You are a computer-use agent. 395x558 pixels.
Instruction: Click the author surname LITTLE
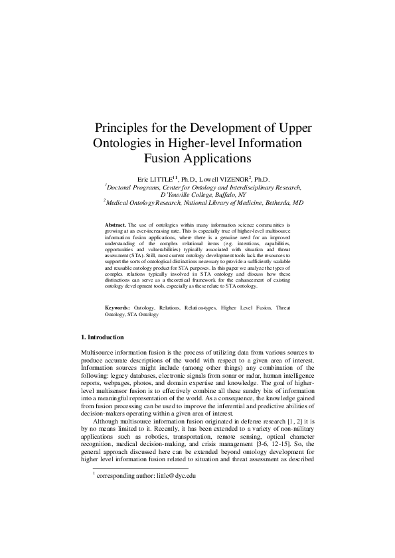160,180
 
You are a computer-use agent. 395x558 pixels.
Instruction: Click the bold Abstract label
116,225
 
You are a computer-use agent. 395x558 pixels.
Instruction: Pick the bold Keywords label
119,308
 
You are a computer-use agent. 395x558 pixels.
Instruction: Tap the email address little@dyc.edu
171,475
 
